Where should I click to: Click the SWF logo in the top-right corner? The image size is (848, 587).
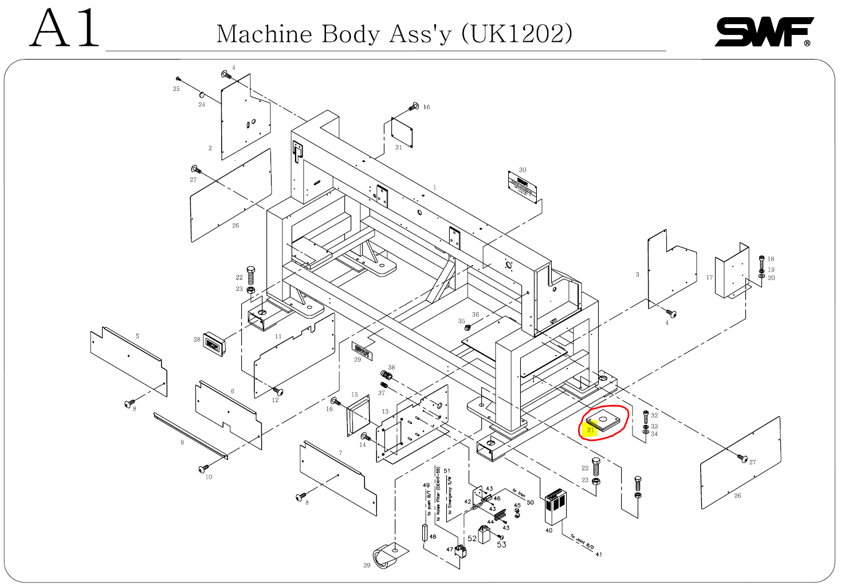tap(764, 32)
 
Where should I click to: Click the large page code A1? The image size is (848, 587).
tap(65, 29)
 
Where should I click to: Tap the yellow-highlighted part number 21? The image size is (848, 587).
tap(591, 430)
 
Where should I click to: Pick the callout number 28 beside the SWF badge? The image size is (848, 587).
tap(197, 340)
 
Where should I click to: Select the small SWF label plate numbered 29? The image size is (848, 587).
tap(362, 350)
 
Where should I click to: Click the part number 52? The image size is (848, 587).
tap(472, 538)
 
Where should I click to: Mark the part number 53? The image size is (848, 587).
tap(501, 545)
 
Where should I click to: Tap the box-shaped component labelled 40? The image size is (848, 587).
tap(555, 506)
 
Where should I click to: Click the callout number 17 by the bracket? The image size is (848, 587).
tap(709, 278)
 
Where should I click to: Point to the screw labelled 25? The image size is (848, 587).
tap(178, 79)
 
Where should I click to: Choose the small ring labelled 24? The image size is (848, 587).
tap(203, 94)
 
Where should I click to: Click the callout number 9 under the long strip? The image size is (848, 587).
tap(182, 443)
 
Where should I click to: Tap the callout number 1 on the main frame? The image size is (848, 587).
tap(435, 187)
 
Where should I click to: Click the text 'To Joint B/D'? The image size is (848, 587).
tap(582, 542)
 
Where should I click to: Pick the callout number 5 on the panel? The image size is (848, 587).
tap(138, 336)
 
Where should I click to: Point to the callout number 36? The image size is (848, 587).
tap(476, 314)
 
